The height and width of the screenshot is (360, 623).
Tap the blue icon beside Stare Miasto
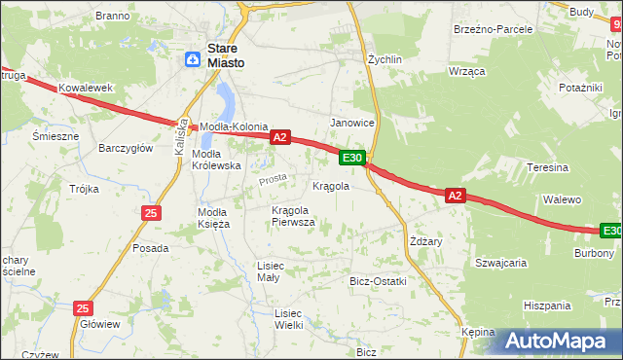[194, 60]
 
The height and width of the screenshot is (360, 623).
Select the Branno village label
[113, 17]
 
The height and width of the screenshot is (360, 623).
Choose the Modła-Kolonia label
[233, 127]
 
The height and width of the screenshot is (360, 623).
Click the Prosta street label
[273, 180]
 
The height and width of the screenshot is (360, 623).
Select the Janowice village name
[352, 123]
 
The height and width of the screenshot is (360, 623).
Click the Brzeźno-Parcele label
[494, 29]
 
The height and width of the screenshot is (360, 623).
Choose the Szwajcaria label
[500, 262]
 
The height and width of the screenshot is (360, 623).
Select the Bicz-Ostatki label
[378, 281]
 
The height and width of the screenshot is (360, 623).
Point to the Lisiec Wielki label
[289, 319]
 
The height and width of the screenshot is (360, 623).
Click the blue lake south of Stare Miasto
[225, 98]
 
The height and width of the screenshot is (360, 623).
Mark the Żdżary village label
[426, 241]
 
